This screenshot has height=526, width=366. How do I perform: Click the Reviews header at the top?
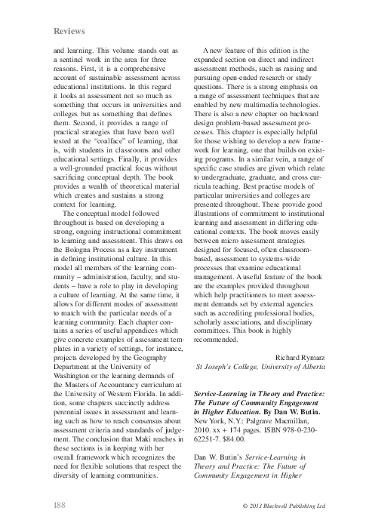(69, 31)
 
